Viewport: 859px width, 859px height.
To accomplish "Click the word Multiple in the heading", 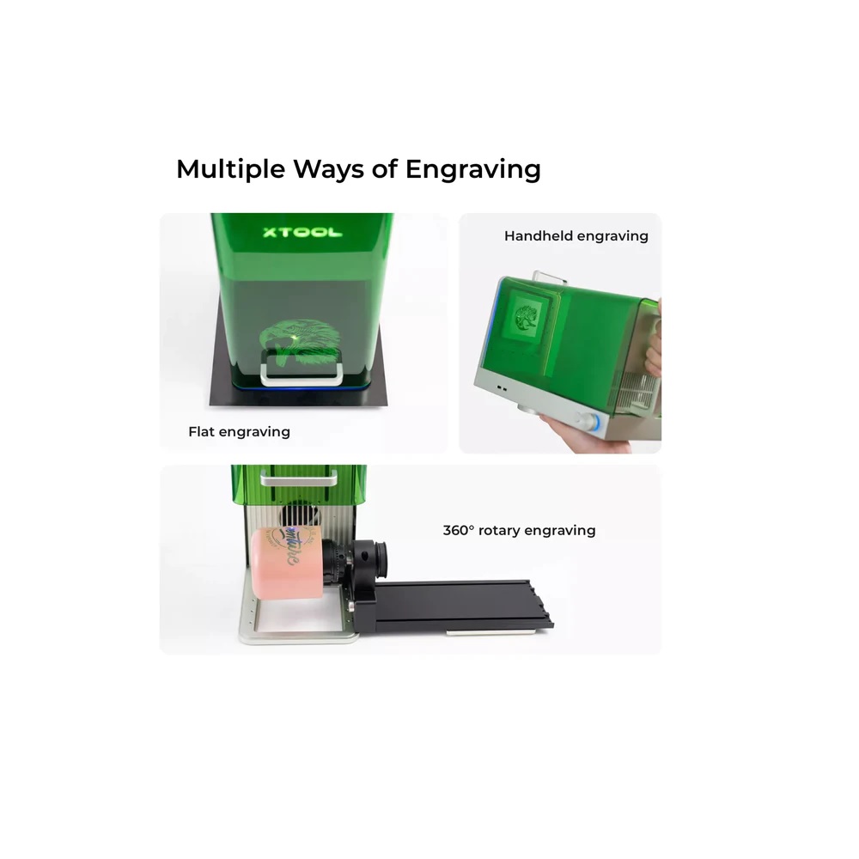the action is (230, 169).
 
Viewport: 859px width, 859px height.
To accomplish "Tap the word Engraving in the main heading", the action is (472, 169).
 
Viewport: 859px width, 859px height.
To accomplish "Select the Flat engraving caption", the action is (239, 432).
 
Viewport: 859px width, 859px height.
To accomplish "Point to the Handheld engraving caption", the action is (576, 236).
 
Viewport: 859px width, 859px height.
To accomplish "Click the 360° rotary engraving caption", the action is (519, 530).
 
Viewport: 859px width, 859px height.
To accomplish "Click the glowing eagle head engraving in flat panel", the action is (299, 343).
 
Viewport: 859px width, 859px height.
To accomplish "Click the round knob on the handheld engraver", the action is (589, 421).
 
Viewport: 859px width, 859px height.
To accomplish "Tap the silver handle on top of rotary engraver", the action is (299, 479).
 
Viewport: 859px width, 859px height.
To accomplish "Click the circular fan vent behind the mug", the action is (300, 515).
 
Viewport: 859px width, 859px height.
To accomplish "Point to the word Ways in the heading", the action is (329, 169).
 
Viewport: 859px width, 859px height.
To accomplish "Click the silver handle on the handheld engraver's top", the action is (550, 276).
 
